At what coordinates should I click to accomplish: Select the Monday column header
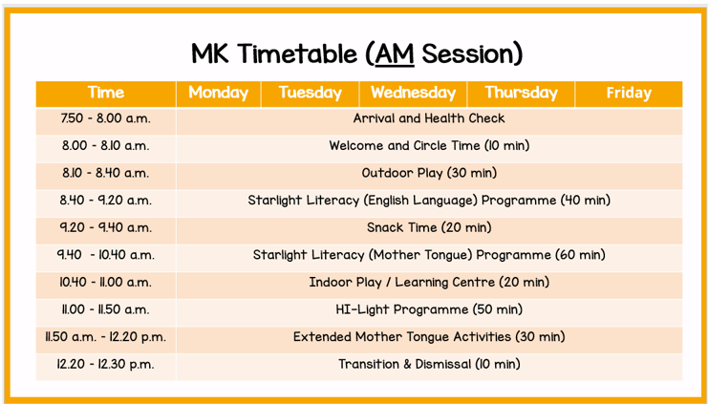click(218, 93)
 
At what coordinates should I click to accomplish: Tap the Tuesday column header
click(310, 93)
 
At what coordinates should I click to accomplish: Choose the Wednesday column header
click(413, 93)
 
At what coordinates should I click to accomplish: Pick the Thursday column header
click(520, 93)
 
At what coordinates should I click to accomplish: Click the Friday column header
click(628, 93)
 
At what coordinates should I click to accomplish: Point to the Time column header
click(105, 93)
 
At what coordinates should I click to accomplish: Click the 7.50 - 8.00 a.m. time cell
click(105, 119)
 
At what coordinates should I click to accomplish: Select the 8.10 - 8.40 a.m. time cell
click(105, 173)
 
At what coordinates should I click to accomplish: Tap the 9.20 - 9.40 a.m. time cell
click(105, 227)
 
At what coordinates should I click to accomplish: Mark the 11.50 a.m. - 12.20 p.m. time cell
click(105, 337)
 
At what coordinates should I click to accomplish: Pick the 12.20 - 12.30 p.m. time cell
click(105, 364)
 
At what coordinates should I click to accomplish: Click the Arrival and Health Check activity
click(429, 119)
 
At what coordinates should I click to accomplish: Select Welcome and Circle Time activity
click(429, 146)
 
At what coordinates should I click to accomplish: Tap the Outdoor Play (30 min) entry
click(429, 173)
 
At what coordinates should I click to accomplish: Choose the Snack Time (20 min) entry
click(429, 227)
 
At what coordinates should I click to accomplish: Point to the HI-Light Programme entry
click(429, 309)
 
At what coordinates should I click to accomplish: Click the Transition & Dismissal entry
click(429, 364)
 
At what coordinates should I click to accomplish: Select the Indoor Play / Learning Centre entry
click(429, 283)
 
